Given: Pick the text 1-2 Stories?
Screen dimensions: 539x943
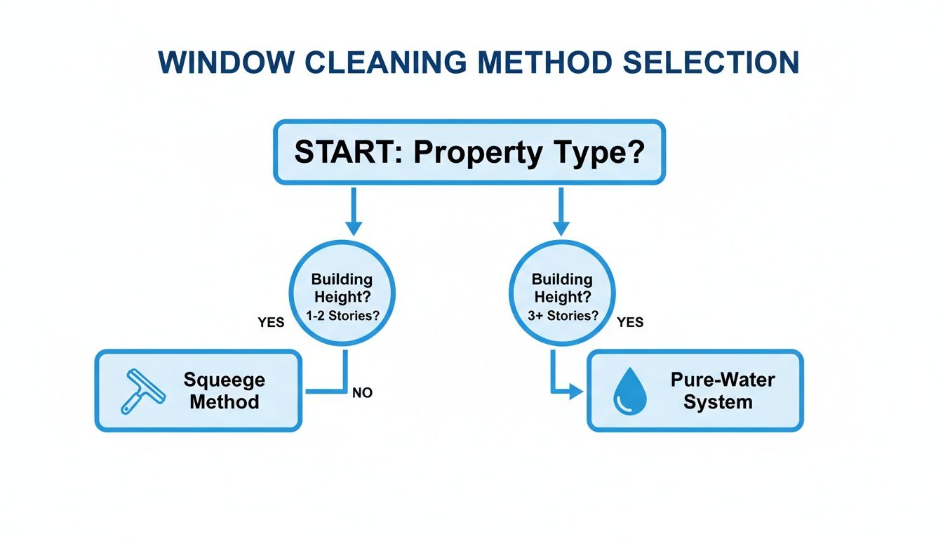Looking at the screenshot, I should point(342,316).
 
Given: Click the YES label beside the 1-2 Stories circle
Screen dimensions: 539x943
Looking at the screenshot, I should point(271,323).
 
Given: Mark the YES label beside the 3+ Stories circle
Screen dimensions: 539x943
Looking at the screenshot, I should point(630,323).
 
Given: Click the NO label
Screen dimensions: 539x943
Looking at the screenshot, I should point(362,393).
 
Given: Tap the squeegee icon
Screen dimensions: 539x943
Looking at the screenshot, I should point(142,391).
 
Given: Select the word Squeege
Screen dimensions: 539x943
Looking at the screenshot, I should point(225,380).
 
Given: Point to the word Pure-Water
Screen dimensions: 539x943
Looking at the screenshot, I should point(723,380).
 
